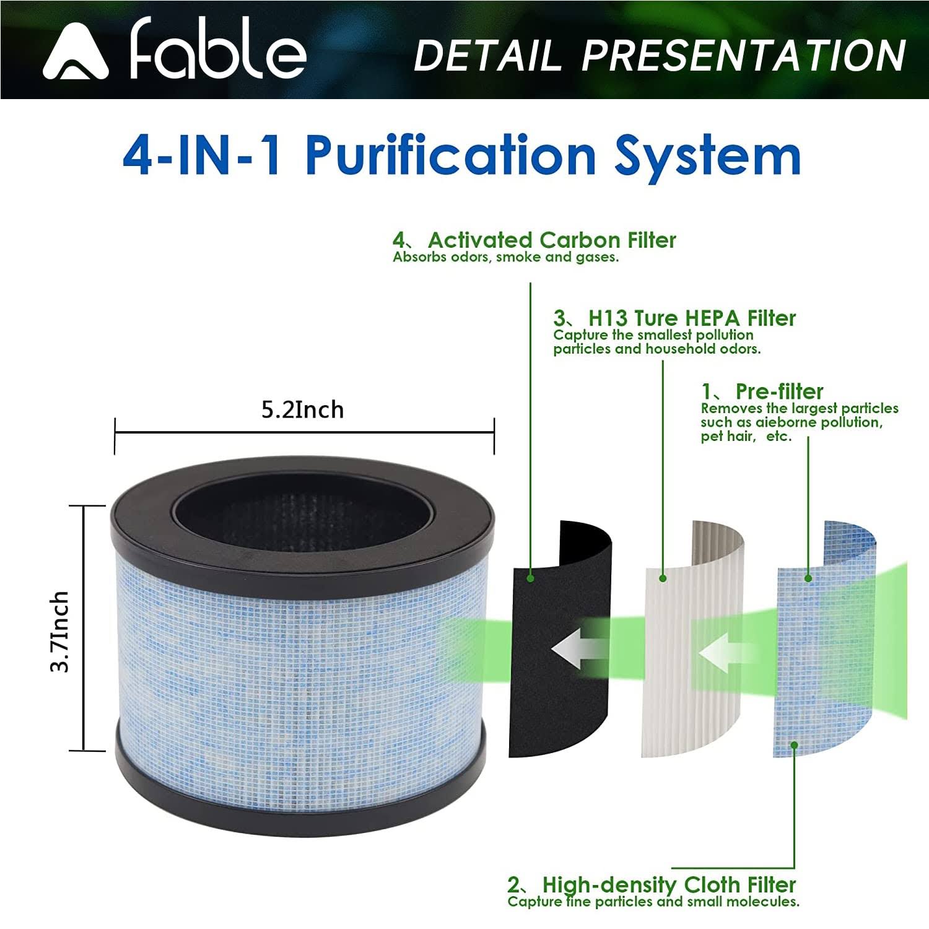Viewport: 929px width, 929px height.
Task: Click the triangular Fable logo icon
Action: (x=76, y=53)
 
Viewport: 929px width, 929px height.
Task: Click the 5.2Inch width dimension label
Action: (x=302, y=410)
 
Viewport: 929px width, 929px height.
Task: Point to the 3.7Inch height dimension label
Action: (x=60, y=630)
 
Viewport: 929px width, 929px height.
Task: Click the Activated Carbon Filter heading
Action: (x=551, y=240)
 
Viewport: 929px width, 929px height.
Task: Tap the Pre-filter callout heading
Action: (x=779, y=391)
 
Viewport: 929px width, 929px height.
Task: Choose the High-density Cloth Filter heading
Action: (x=669, y=884)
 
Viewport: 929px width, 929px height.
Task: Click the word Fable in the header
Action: (x=218, y=50)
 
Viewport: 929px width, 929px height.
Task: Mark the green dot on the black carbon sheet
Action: (x=530, y=578)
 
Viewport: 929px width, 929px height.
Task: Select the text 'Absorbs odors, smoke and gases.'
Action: (x=505, y=258)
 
